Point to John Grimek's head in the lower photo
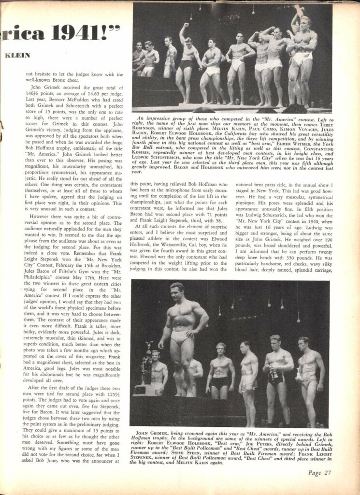tap(176, 291)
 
